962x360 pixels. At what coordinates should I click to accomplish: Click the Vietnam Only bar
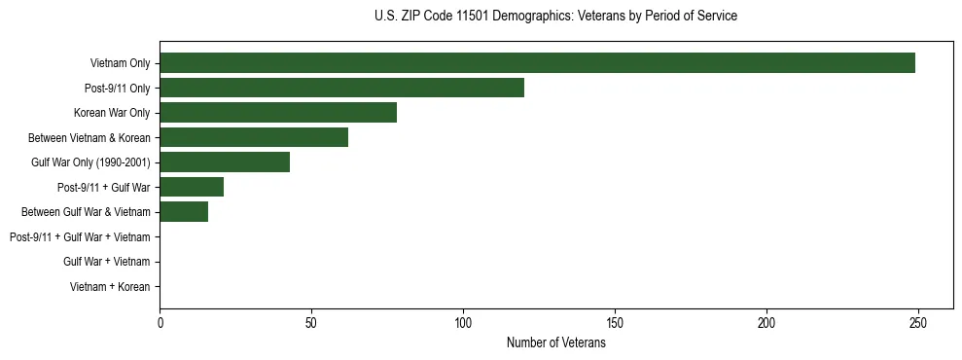(537, 63)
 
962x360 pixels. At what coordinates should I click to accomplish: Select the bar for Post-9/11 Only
(341, 88)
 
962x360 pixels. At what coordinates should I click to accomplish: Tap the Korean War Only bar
(278, 113)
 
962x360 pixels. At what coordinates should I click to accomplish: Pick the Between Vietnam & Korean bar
(254, 137)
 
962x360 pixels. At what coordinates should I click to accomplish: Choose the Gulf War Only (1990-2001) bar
(225, 162)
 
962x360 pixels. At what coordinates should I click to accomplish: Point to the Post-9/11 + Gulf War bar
(192, 187)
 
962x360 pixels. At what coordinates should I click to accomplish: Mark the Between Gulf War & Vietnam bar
(184, 212)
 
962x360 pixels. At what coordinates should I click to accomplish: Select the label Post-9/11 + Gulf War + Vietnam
(80, 237)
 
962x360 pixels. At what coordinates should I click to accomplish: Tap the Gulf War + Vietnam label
(107, 262)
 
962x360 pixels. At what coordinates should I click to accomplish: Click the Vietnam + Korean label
(110, 287)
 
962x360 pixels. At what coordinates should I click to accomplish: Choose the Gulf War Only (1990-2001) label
(90, 162)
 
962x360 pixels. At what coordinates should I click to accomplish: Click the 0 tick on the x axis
(160, 322)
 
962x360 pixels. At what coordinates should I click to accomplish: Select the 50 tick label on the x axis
(311, 322)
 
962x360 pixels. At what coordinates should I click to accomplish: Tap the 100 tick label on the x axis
(463, 322)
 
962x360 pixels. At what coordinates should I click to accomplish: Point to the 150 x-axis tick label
(615, 322)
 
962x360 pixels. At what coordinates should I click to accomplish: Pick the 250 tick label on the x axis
(918, 322)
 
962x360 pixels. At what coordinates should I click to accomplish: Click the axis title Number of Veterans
(556, 342)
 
